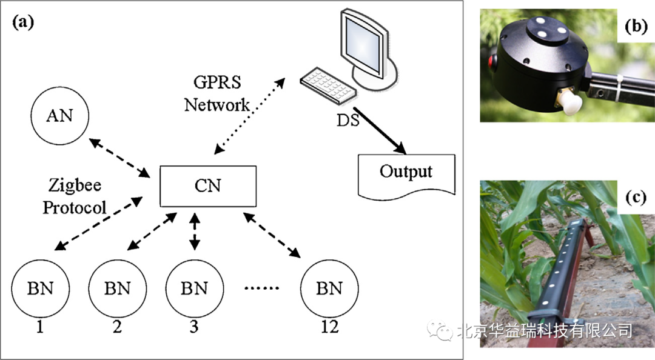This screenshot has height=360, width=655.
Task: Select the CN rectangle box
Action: (207, 185)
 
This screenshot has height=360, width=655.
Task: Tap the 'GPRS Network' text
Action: (217, 94)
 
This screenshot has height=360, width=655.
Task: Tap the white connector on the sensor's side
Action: (570, 102)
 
